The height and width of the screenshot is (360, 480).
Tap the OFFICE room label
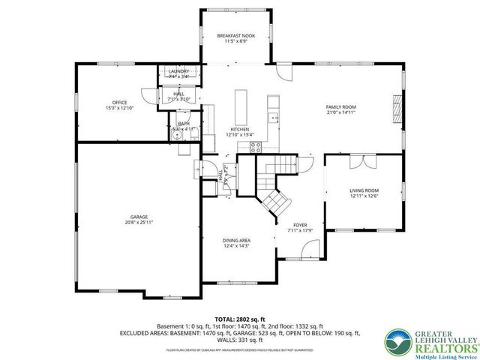click(x=119, y=103)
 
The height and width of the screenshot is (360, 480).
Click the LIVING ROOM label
click(x=364, y=190)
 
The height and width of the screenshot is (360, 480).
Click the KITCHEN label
click(x=240, y=130)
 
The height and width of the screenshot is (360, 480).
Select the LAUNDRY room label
click(x=178, y=72)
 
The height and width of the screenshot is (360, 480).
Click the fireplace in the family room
click(x=398, y=111)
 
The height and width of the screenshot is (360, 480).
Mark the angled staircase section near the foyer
click(x=274, y=201)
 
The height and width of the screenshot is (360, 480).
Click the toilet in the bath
click(x=181, y=125)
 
